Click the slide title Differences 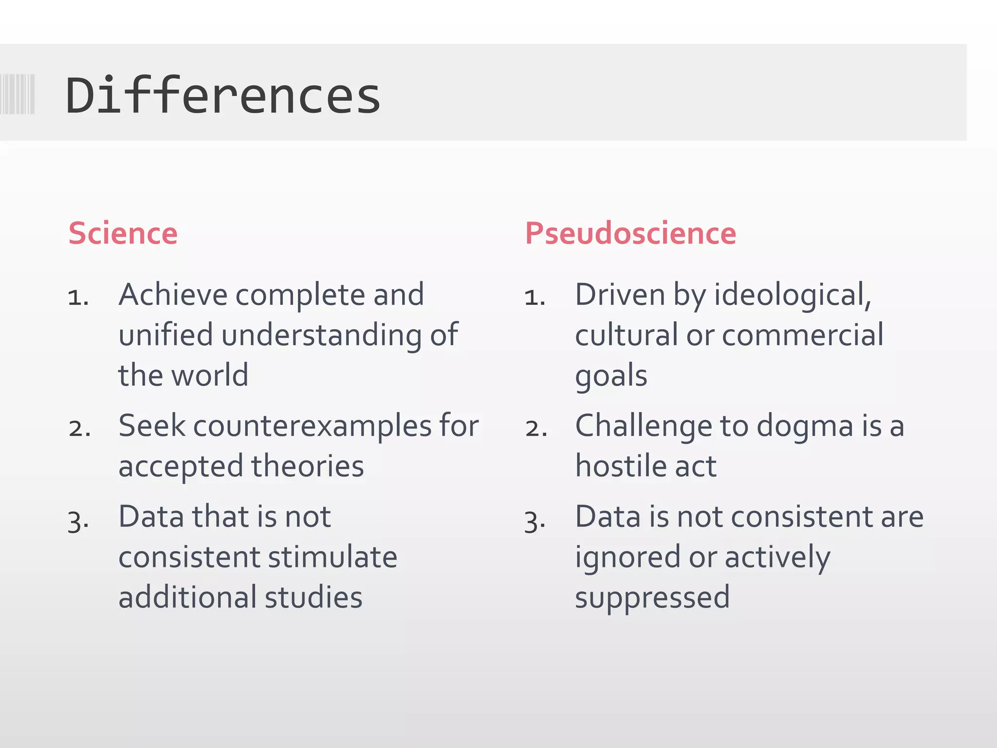222,95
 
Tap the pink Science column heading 123,233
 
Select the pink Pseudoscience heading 630,233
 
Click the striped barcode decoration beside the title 18,94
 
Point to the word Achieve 173,295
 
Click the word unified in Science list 166,335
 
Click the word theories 308,466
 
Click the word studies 314,598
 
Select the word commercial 803,335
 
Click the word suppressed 652,598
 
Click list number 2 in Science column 79,429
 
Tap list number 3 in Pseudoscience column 535,522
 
